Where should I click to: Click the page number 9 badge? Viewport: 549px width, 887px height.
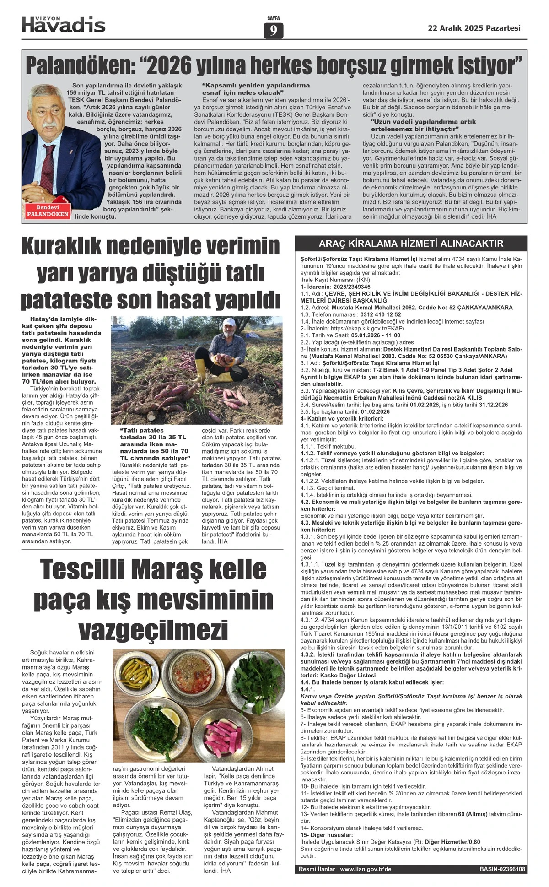274,31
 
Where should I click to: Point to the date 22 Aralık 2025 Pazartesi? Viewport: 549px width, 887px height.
474,28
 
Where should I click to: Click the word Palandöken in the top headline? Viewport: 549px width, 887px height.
78,66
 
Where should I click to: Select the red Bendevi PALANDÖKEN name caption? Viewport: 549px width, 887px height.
48,211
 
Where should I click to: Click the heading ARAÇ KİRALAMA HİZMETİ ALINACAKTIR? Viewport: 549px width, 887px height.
411,243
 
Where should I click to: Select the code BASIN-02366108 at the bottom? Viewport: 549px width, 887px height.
502,869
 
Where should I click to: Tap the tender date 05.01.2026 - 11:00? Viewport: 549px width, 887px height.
376,335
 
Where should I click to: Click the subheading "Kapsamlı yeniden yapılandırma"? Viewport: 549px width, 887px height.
256,85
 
